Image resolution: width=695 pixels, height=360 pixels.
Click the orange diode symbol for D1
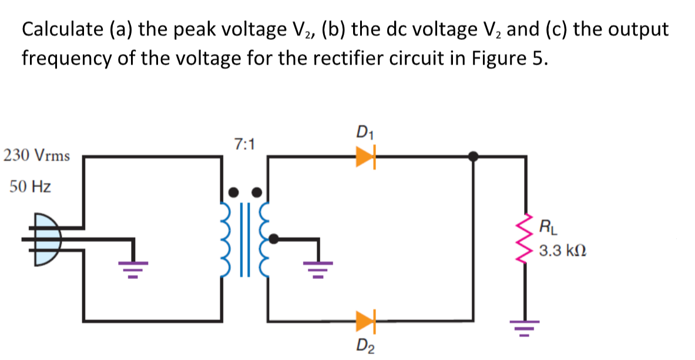pos(365,156)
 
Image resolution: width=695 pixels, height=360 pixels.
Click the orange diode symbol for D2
pos(365,321)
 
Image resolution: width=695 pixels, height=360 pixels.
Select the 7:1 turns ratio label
pos(243,143)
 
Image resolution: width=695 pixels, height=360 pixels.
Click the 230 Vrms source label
pos(36,156)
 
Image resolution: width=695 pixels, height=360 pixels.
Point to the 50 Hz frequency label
pos(30,187)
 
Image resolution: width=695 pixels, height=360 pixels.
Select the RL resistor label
pos(545,225)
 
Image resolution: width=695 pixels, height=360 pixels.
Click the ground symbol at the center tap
pos(318,267)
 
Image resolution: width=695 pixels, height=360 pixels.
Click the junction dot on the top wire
pos(473,156)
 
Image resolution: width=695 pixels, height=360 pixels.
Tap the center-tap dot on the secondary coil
pos(273,238)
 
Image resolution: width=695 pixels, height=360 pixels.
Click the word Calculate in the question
pos(55,30)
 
